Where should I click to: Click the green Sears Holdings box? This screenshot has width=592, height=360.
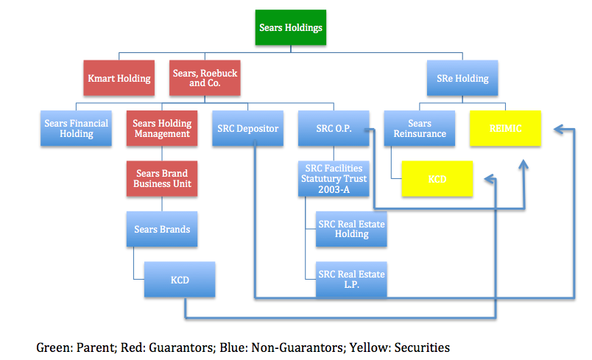click(x=291, y=27)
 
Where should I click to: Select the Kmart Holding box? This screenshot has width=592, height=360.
click(x=119, y=78)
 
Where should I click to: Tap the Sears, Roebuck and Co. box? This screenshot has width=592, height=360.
click(x=205, y=78)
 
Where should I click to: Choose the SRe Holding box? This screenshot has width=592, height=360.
click(x=462, y=78)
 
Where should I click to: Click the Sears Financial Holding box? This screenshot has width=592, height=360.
click(x=76, y=128)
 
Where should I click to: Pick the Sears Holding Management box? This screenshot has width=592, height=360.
click(x=162, y=128)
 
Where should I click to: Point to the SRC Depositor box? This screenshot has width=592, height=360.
click(x=247, y=128)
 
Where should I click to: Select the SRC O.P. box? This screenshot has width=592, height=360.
click(x=334, y=128)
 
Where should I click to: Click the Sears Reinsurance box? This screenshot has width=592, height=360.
click(x=420, y=128)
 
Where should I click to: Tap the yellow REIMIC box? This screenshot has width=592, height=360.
click(x=506, y=128)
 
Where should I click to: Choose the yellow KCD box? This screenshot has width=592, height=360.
click(x=437, y=179)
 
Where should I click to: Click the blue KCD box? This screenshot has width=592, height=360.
click(x=180, y=280)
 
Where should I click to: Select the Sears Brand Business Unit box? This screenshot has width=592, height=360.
click(x=162, y=179)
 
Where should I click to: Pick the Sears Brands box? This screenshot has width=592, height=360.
click(x=162, y=229)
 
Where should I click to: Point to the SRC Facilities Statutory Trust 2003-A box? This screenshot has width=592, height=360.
click(x=334, y=179)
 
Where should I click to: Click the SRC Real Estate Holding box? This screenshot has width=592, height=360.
click(x=351, y=229)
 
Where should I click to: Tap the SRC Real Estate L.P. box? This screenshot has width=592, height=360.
click(x=351, y=280)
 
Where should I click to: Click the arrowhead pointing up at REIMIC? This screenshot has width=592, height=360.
click(x=524, y=164)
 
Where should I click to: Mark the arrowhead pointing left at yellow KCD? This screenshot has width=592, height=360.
click(x=490, y=179)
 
